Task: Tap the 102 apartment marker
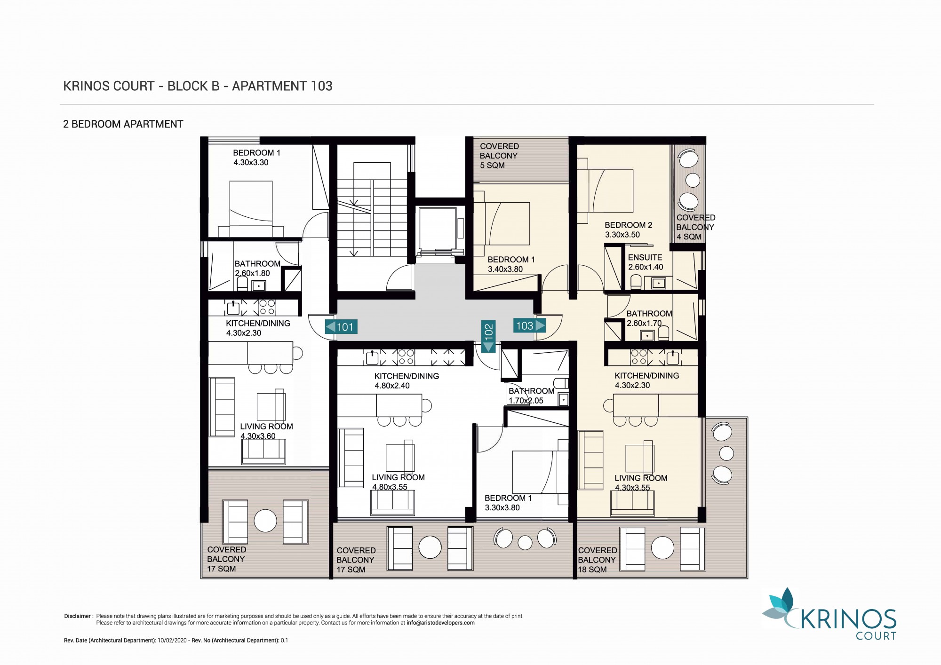[488, 336]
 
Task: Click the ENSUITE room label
[645, 258]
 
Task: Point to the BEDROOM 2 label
[629, 225]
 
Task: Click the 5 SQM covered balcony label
[499, 156]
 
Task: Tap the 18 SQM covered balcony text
[598, 560]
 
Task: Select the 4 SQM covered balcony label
[696, 227]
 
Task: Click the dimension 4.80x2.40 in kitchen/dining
[392, 386]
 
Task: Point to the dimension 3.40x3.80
[505, 269]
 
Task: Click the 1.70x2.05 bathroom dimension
[526, 401]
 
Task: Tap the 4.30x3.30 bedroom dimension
[251, 163]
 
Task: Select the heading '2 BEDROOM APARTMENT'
[123, 124]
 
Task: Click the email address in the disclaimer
[440, 623]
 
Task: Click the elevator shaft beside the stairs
[438, 230]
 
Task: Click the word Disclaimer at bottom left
[78, 616]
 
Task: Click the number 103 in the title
[322, 86]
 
